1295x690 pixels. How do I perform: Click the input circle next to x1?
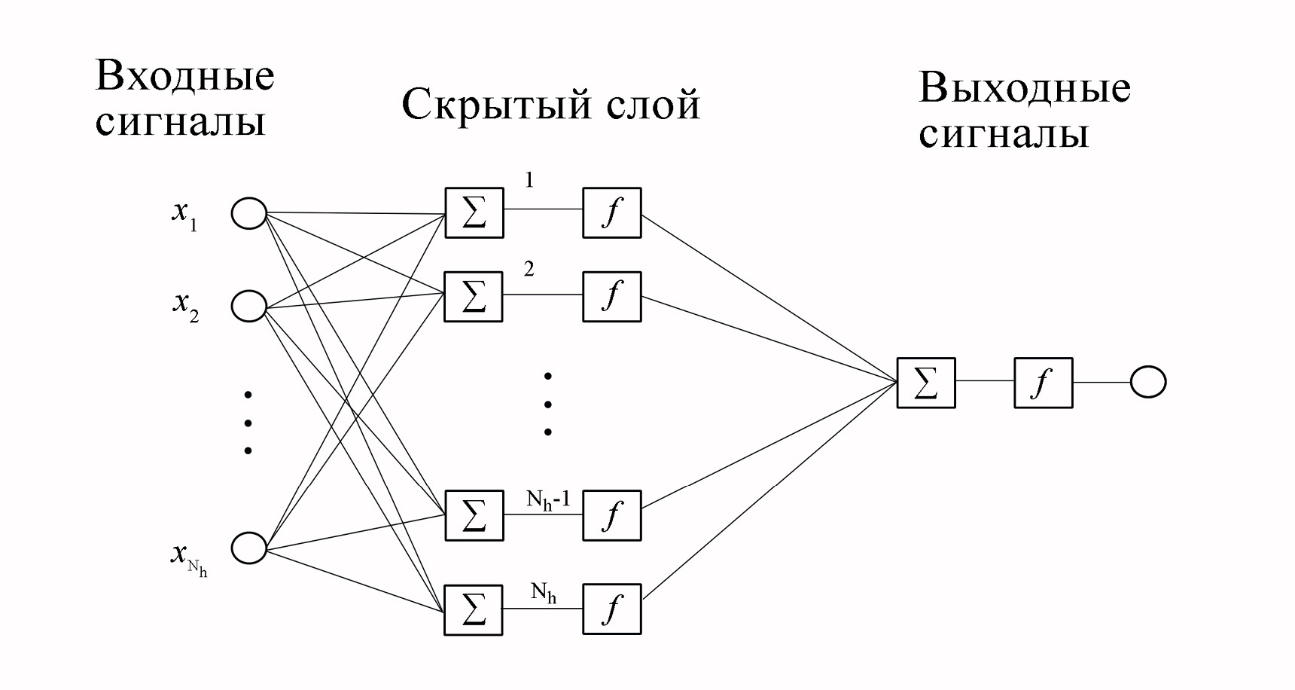click(x=248, y=213)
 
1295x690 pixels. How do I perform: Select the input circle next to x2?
click(x=248, y=307)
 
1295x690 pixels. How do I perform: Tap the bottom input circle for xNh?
click(x=248, y=548)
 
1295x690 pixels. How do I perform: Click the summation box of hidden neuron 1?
click(x=474, y=213)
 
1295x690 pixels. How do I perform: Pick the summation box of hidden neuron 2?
click(x=474, y=297)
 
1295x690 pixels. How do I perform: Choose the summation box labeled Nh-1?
click(x=474, y=515)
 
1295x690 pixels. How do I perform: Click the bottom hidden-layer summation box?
click(x=474, y=609)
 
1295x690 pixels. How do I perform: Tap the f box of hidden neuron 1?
click(x=611, y=213)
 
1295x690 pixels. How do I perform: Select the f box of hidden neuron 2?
click(x=611, y=297)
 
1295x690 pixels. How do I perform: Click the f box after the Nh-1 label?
click(x=611, y=515)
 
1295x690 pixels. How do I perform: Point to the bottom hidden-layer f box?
click(x=611, y=609)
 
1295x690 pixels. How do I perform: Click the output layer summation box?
click(x=926, y=383)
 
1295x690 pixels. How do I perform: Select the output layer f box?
click(x=1043, y=383)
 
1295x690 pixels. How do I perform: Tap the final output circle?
click(x=1147, y=383)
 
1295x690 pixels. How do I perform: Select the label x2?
click(x=185, y=305)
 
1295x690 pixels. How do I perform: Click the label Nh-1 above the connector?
click(x=548, y=499)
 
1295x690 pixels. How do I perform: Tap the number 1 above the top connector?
click(x=529, y=181)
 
